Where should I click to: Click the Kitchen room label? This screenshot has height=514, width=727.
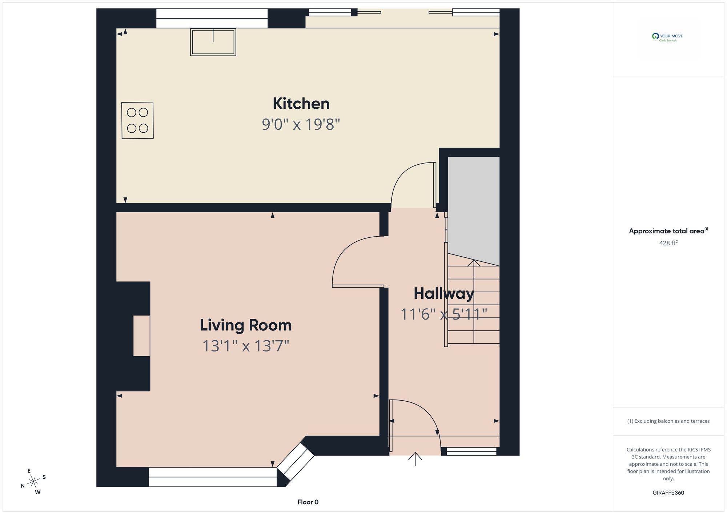(301, 104)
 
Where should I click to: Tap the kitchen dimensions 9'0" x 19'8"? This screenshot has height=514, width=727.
(301, 124)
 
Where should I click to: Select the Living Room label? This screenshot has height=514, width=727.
(246, 325)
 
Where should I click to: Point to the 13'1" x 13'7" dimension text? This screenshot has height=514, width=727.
(246, 346)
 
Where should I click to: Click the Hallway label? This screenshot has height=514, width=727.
(443, 294)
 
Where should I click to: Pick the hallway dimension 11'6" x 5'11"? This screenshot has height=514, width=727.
(443, 314)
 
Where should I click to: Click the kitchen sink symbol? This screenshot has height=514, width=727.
(213, 42)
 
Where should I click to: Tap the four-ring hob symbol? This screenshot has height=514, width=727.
(137, 120)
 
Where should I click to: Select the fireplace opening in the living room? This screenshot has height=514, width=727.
(141, 336)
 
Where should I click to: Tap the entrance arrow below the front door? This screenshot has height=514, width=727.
(415, 459)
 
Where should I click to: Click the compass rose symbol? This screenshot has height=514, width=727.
(33, 481)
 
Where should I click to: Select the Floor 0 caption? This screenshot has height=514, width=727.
(308, 502)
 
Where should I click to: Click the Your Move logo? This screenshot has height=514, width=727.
(668, 37)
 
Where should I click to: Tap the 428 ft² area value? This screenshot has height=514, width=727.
(668, 243)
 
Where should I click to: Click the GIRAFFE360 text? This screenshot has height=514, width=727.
(668, 493)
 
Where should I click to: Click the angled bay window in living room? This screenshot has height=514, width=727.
(296, 461)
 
